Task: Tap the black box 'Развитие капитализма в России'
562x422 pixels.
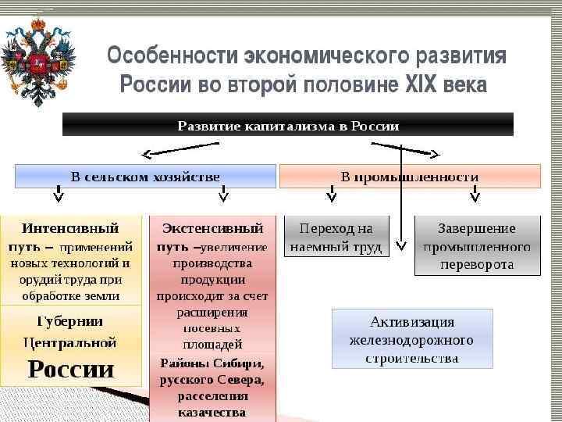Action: (288, 125)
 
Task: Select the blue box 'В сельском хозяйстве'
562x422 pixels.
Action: (145, 176)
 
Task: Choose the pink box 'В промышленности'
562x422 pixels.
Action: (410, 176)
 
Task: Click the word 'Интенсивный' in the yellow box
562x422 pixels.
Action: (70, 228)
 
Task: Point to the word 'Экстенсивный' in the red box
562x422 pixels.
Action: (212, 228)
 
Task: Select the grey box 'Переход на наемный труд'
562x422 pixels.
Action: (336, 238)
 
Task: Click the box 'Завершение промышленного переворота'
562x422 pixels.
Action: (476, 245)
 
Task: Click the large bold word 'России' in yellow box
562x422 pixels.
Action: (71, 369)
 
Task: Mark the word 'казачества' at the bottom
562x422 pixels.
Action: (212, 412)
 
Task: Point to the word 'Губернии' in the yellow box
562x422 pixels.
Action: (70, 321)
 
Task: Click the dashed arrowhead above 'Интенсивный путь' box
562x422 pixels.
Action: (58, 196)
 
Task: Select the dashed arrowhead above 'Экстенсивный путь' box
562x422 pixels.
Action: (222, 196)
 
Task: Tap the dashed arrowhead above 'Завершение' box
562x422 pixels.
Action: (473, 196)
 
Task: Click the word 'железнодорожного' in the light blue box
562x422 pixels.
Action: (412, 340)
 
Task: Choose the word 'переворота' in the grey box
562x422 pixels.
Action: (476, 264)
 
